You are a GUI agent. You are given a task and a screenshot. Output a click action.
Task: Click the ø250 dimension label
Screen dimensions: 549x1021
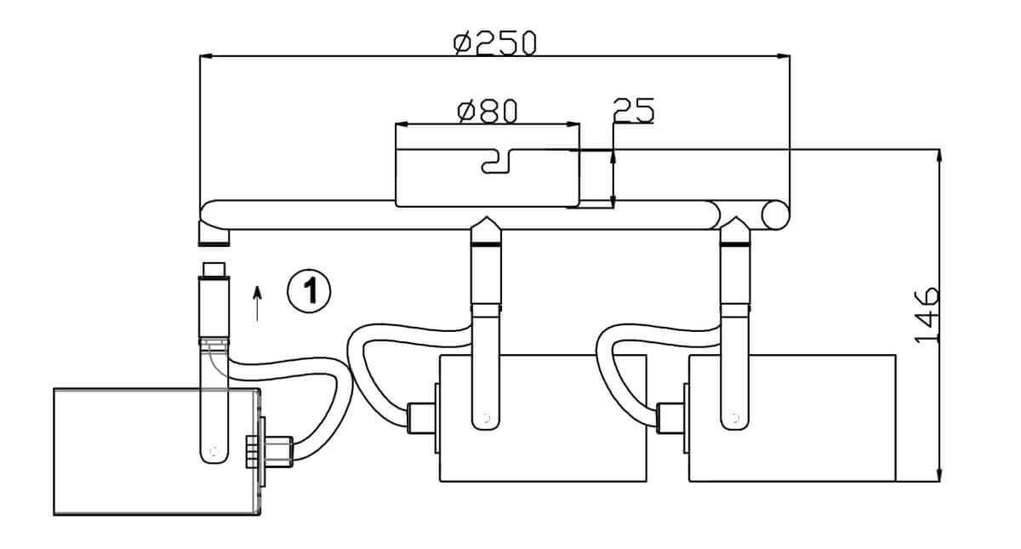[495, 42]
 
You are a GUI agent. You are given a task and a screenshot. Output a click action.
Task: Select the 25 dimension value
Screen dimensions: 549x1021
[632, 111]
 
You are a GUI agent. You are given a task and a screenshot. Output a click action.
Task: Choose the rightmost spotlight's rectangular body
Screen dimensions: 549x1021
[791, 418]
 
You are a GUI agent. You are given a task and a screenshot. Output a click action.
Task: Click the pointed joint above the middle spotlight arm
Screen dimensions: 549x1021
[486, 228]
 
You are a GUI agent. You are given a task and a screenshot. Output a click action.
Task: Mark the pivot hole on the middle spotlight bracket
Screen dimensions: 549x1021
[486, 418]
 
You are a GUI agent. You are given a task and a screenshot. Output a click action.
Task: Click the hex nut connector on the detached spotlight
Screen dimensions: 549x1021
[282, 450]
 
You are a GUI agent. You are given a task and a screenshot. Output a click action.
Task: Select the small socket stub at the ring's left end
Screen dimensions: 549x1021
[208, 232]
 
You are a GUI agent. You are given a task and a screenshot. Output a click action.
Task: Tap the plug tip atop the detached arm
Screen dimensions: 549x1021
[213, 270]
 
